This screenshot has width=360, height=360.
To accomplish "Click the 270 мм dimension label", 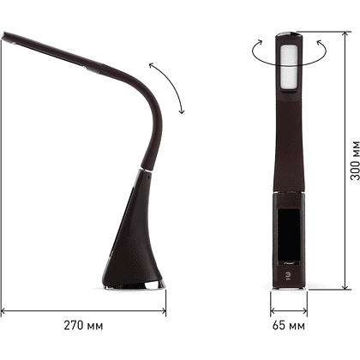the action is pos(83,326).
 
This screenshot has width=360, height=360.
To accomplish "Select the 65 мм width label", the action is pos(289,326).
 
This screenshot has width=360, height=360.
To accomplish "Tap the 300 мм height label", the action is pos(355,160).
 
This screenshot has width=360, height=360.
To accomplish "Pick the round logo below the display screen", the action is pos(288,275).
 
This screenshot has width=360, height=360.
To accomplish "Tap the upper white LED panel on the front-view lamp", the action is pos(289,55).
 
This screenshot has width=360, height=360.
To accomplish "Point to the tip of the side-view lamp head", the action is pos(3,36).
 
